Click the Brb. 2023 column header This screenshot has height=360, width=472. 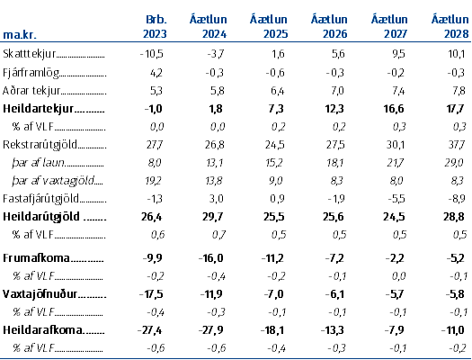155,26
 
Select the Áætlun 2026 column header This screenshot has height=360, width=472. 329,26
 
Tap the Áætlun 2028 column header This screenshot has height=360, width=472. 450,26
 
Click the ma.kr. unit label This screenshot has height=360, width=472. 20,34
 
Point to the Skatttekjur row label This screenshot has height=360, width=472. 29,54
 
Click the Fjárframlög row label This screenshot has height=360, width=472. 31,73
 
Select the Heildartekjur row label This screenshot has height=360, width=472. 38,109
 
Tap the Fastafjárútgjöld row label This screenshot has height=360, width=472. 40,199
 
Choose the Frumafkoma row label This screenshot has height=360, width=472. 36,258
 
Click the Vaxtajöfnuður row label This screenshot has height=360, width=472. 40,293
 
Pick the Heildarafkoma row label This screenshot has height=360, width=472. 42,330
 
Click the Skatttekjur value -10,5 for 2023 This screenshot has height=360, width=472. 152,54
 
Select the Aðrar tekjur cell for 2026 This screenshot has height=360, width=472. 337,91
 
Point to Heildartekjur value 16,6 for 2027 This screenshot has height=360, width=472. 394,109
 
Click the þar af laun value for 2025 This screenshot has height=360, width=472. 274,163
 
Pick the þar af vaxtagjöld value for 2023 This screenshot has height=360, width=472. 154,181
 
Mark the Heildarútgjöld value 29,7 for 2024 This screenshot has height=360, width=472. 212,217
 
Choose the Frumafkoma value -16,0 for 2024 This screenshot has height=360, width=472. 211,258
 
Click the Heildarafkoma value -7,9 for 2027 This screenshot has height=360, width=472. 395,330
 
